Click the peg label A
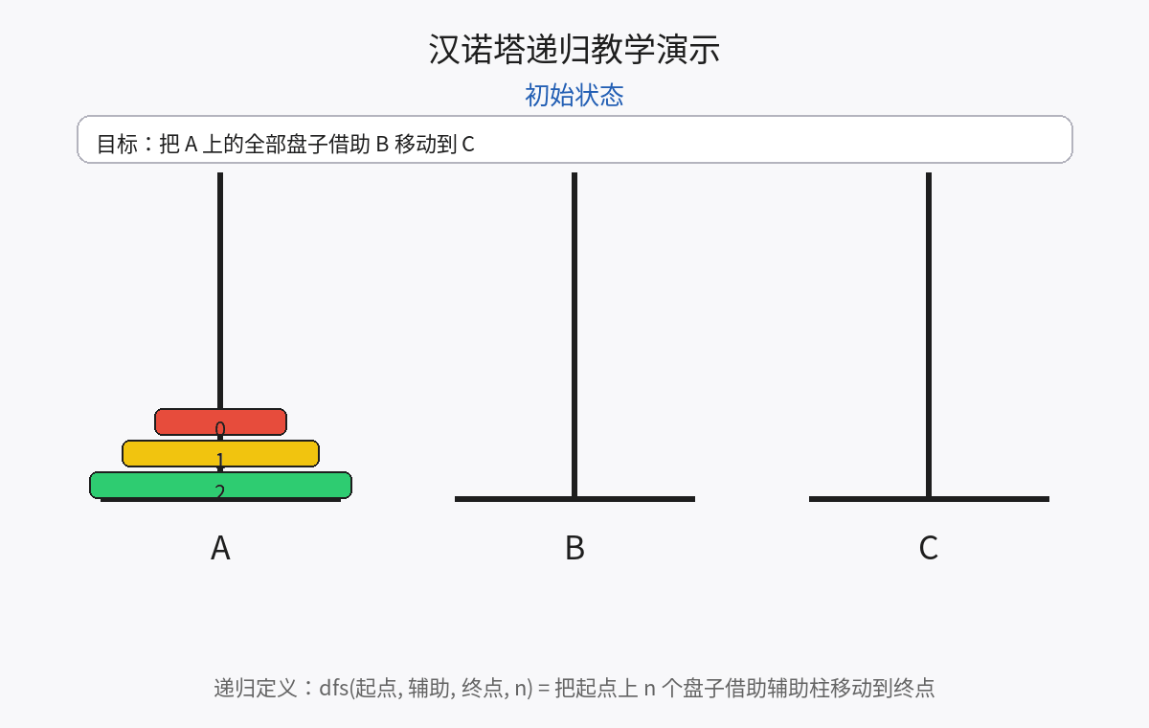click(x=220, y=548)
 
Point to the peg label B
click(x=574, y=548)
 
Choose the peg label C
click(x=928, y=548)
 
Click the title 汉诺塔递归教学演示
click(x=574, y=50)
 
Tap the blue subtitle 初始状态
click(x=574, y=95)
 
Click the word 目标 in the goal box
click(x=118, y=145)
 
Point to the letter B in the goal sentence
click(x=382, y=145)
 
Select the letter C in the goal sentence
click(x=468, y=145)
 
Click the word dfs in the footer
click(x=333, y=688)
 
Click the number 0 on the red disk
click(x=220, y=428)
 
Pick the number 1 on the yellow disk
click(x=220, y=460)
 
